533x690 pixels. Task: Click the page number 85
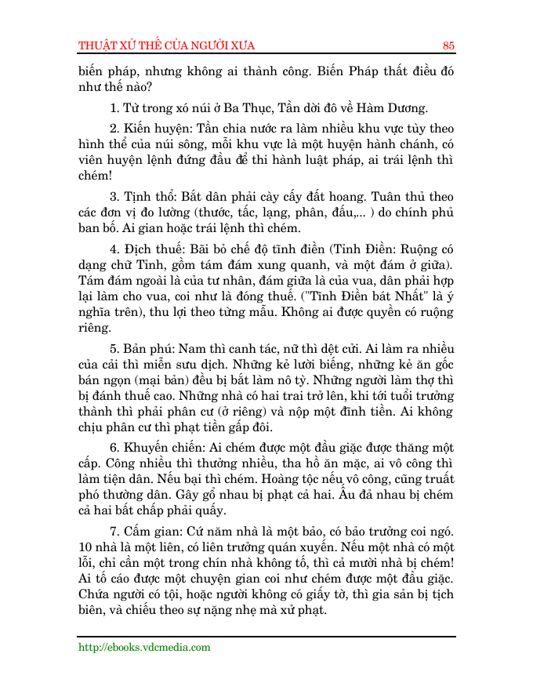448,45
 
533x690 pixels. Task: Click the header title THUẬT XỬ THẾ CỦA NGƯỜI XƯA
167,45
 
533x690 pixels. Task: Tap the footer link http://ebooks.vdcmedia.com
145,647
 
